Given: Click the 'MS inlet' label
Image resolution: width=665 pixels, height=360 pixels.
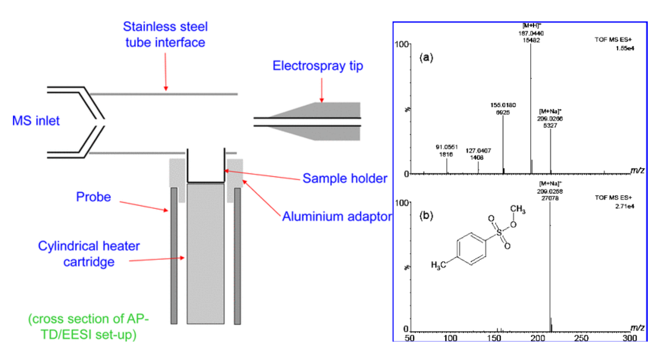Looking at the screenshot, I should click(36, 121).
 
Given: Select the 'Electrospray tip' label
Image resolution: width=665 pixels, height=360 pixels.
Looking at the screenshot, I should click(318, 66).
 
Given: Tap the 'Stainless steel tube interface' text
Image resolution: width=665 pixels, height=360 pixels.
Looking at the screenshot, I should click(165, 34).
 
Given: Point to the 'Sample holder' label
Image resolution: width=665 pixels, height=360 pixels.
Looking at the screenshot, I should click(345, 178).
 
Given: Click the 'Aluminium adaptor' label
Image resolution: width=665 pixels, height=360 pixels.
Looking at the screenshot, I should click(337, 216).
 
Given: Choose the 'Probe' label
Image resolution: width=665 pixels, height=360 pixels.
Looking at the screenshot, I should click(93, 197).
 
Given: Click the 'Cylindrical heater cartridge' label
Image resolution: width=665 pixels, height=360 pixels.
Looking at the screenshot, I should click(89, 254).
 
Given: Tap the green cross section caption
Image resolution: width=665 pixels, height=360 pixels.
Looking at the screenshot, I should click(89, 326).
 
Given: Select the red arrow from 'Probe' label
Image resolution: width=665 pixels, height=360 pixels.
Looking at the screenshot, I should click(144, 206).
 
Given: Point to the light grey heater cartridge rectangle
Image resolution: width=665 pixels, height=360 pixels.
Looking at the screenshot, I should click(205, 254).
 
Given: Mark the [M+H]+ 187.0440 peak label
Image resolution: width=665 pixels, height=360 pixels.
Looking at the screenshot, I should click(531, 33).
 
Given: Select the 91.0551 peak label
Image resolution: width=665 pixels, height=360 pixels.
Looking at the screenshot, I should click(446, 151).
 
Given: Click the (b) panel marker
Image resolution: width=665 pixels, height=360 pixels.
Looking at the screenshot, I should click(426, 215).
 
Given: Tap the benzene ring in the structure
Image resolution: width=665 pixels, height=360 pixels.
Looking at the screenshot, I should click(471, 248).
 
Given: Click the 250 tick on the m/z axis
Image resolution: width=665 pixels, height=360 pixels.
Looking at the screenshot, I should click(581, 338).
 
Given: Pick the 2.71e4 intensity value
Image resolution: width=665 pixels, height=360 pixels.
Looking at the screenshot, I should click(625, 206).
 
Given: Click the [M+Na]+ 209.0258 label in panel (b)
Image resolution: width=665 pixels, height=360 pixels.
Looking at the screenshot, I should click(550, 191).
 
